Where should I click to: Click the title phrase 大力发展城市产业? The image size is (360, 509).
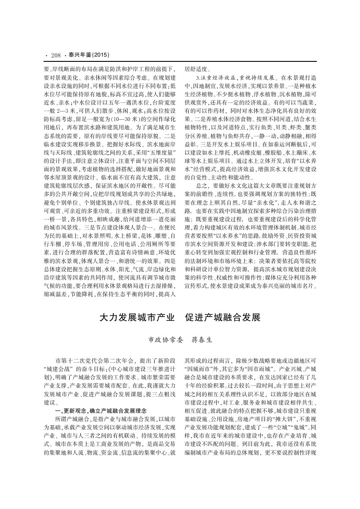point(136,316)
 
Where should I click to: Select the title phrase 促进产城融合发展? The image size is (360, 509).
point(223,316)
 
